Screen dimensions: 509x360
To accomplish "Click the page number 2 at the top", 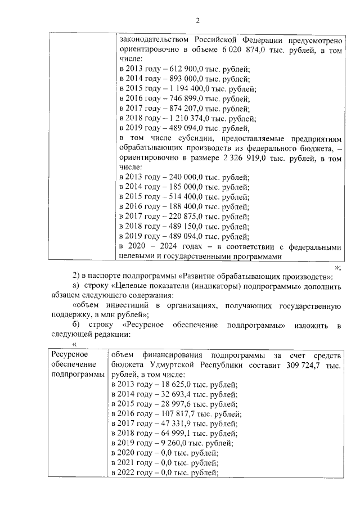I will click(197, 21).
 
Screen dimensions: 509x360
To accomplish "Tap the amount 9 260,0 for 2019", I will click(169, 443).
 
